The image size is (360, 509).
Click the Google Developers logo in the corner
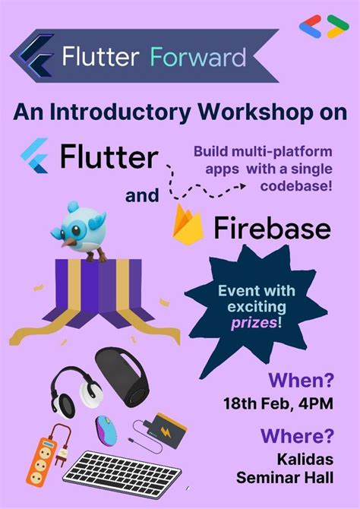[x=324, y=27]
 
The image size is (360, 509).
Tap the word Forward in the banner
[x=198, y=57]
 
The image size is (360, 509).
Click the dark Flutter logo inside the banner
[x=36, y=55]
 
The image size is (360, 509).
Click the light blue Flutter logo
[x=35, y=156]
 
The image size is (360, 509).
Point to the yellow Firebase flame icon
[x=188, y=224]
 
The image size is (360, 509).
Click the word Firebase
[x=273, y=228]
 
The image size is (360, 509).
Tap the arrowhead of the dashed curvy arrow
[x=242, y=186]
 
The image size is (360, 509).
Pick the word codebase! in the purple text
[x=296, y=186]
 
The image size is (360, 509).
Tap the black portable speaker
[x=121, y=378]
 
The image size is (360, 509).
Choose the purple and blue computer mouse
[x=106, y=430]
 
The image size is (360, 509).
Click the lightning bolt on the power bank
[x=166, y=432]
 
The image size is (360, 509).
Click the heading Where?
[x=297, y=435]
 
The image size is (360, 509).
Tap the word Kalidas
[x=305, y=460]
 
